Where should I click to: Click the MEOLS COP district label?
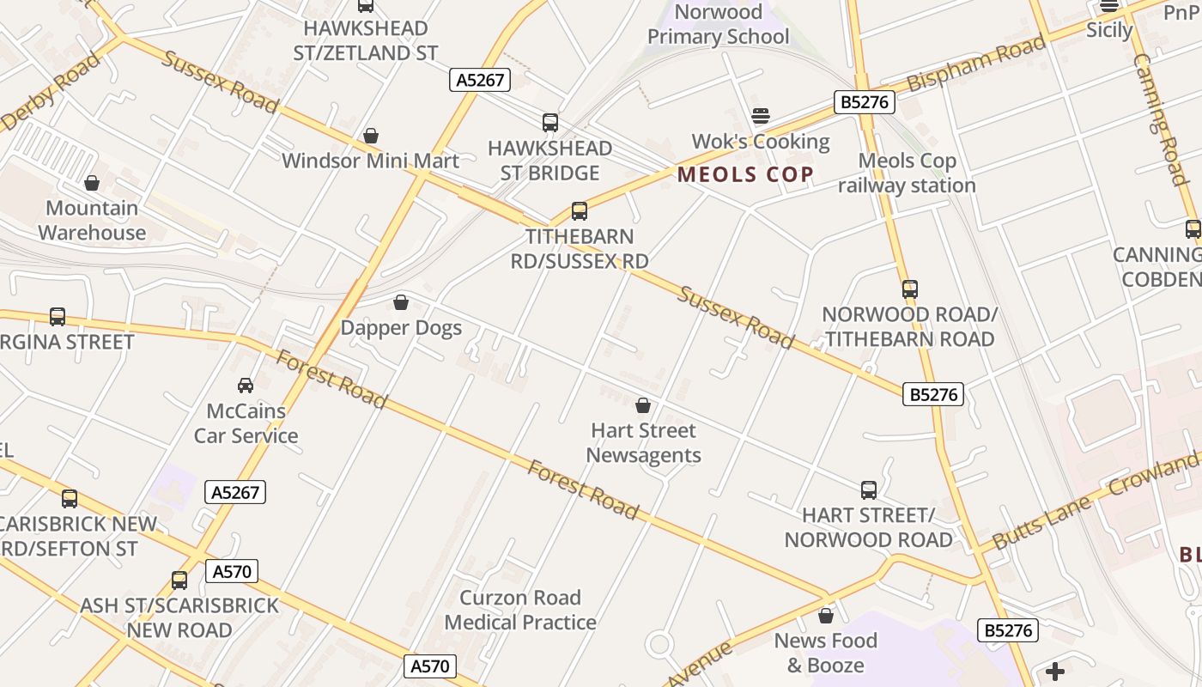click(745, 175)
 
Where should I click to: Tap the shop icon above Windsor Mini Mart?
click(371, 136)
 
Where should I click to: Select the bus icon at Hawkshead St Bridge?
click(550, 123)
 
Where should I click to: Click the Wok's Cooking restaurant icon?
click(761, 116)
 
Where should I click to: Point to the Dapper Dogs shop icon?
click(401, 302)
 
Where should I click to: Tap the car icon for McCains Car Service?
click(246, 386)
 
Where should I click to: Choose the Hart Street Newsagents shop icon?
click(643, 405)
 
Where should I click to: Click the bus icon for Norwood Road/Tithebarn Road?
click(910, 289)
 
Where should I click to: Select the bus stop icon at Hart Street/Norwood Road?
click(869, 490)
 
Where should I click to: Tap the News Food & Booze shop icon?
click(826, 616)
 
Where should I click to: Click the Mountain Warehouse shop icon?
click(92, 183)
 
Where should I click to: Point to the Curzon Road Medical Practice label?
click(520, 610)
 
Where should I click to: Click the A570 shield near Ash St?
click(232, 571)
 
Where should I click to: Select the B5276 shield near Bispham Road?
click(865, 103)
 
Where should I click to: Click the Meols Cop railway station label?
click(907, 173)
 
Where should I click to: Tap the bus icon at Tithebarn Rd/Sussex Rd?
click(580, 211)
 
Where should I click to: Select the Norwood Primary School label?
click(719, 24)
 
